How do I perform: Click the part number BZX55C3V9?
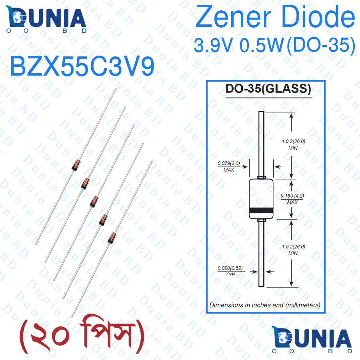click(82, 66)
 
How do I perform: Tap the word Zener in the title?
click(234, 16)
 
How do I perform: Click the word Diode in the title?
click(318, 16)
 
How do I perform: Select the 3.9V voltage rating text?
click(213, 45)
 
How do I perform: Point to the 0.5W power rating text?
click(261, 45)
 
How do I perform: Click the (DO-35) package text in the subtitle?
click(321, 46)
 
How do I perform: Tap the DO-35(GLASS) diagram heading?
click(268, 89)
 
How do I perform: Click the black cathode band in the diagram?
click(261, 210)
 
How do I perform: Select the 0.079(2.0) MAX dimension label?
click(229, 166)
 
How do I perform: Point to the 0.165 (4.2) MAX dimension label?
click(292, 199)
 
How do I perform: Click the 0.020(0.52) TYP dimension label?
click(230, 271)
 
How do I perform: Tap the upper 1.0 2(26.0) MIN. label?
click(294, 145)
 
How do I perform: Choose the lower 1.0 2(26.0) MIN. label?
click(294, 250)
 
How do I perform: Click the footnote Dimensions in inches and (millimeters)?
click(265, 305)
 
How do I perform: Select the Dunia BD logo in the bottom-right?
click(312, 340)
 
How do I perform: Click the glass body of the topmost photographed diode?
click(76, 165)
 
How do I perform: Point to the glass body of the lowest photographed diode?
click(112, 238)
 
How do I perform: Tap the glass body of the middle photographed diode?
click(94, 202)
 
